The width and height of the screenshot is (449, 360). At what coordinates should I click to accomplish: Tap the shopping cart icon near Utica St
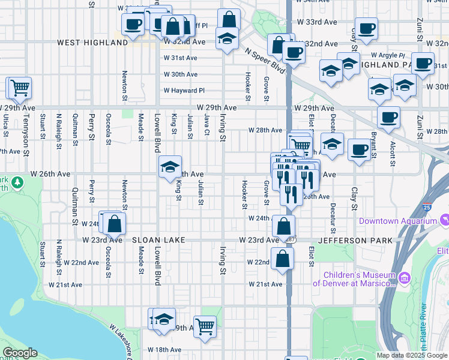click(x=20, y=88)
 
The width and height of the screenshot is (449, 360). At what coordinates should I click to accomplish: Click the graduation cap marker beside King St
click(x=170, y=166)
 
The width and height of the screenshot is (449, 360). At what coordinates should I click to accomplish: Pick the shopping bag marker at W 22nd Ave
click(x=282, y=259)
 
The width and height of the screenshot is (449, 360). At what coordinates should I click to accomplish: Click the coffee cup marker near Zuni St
click(x=423, y=62)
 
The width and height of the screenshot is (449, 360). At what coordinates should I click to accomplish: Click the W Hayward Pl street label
click(x=184, y=91)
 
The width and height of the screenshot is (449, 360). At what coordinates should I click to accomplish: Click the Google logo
click(x=20, y=353)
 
